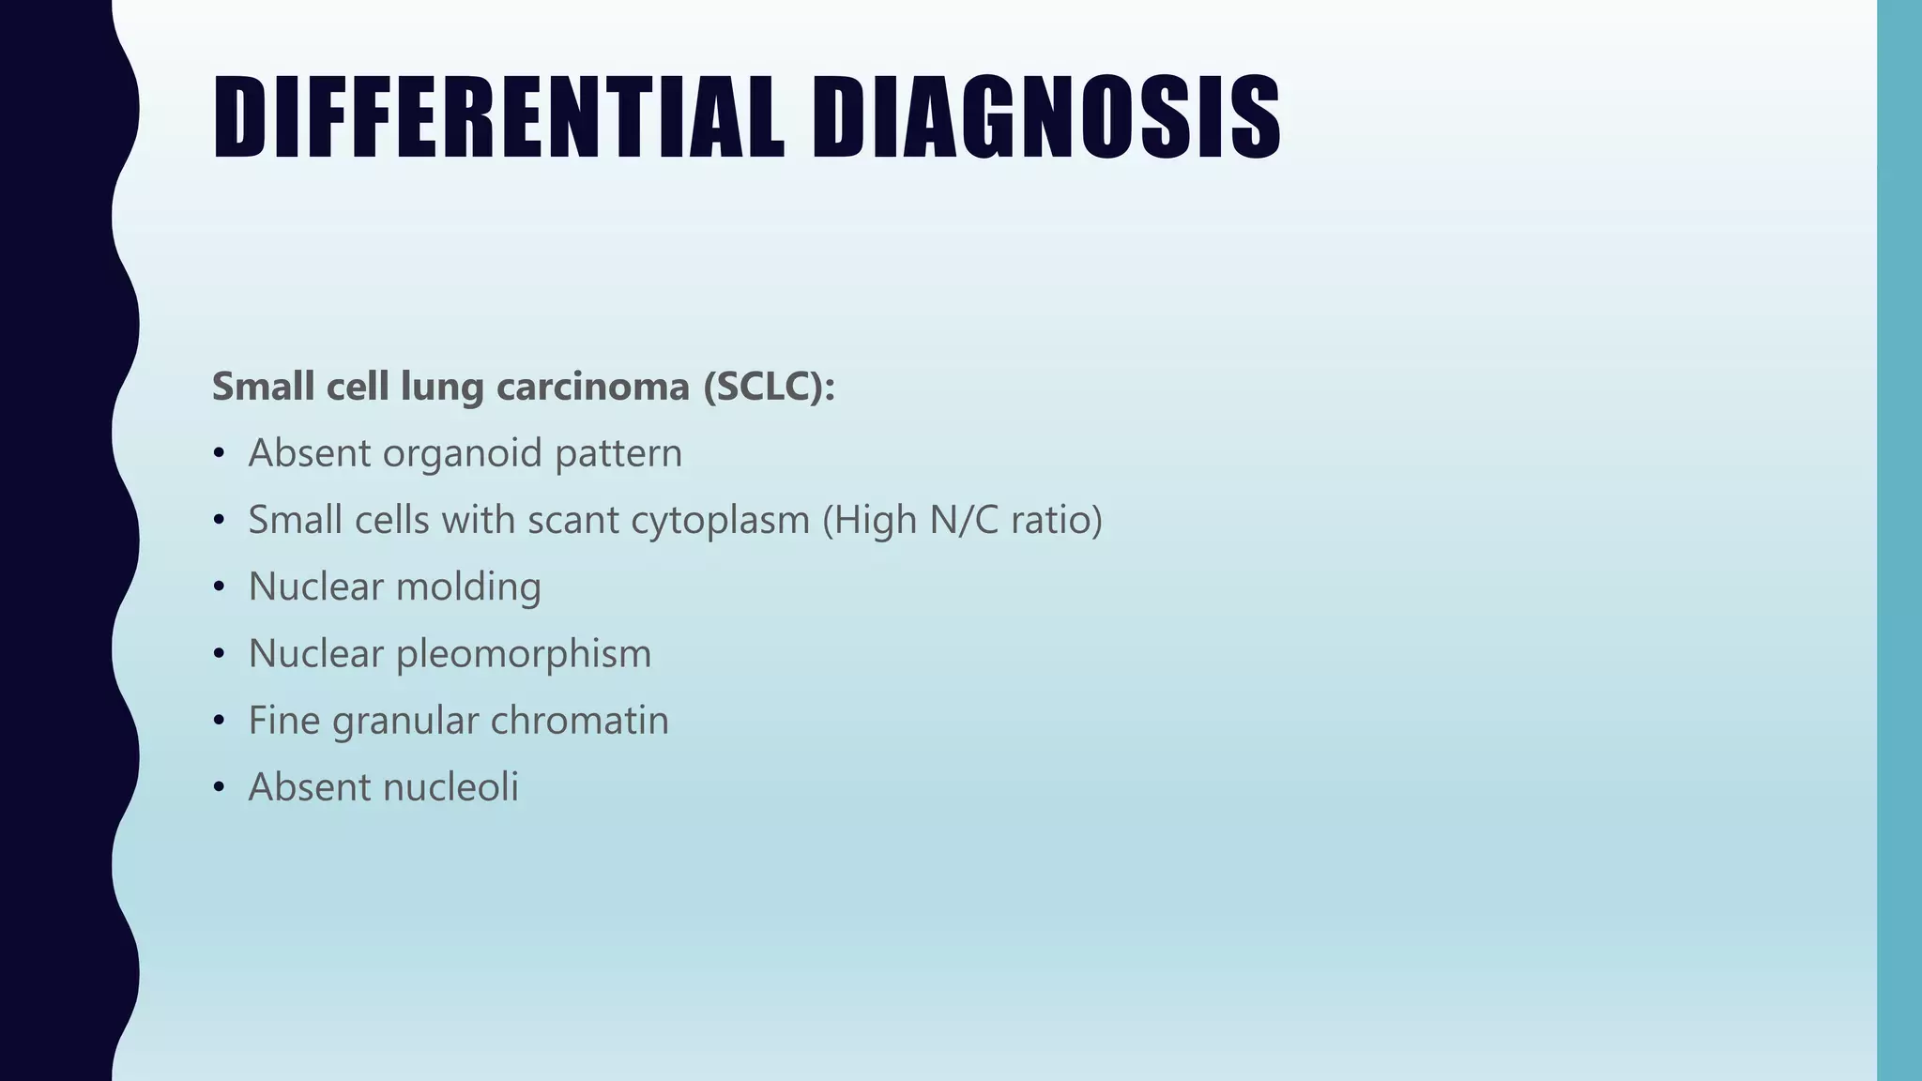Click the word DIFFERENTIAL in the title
(x=498, y=117)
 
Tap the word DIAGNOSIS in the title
(x=1045, y=117)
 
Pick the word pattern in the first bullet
(x=618, y=454)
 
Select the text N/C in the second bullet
(x=964, y=520)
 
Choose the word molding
(x=468, y=587)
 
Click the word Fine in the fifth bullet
(x=284, y=721)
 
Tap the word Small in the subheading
(x=263, y=387)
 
